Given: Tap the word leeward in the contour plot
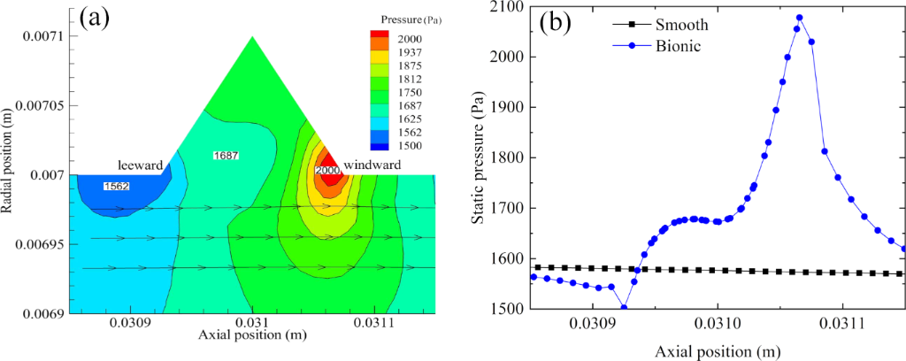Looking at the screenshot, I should click(141, 165).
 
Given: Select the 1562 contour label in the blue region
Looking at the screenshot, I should click(117, 186).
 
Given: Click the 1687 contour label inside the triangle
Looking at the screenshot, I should click(227, 156).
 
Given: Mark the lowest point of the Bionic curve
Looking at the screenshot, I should click(624, 308).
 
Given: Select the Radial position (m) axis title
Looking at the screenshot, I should click(8, 155).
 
